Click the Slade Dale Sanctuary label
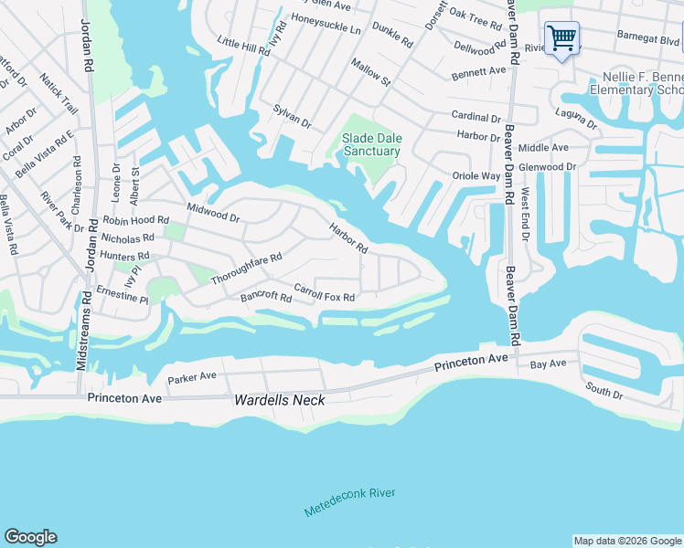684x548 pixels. [371, 144]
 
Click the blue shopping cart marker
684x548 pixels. [561, 38]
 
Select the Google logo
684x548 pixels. [30, 537]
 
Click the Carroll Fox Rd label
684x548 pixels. [324, 293]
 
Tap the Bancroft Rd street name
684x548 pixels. [265, 297]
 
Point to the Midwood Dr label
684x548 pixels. [213, 213]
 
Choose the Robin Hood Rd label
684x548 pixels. [136, 220]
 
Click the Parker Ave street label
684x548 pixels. [192, 376]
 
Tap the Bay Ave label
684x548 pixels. [549, 364]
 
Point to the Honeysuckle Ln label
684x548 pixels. [326, 24]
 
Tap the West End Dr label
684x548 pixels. [525, 215]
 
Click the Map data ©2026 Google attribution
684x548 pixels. [626, 540]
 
